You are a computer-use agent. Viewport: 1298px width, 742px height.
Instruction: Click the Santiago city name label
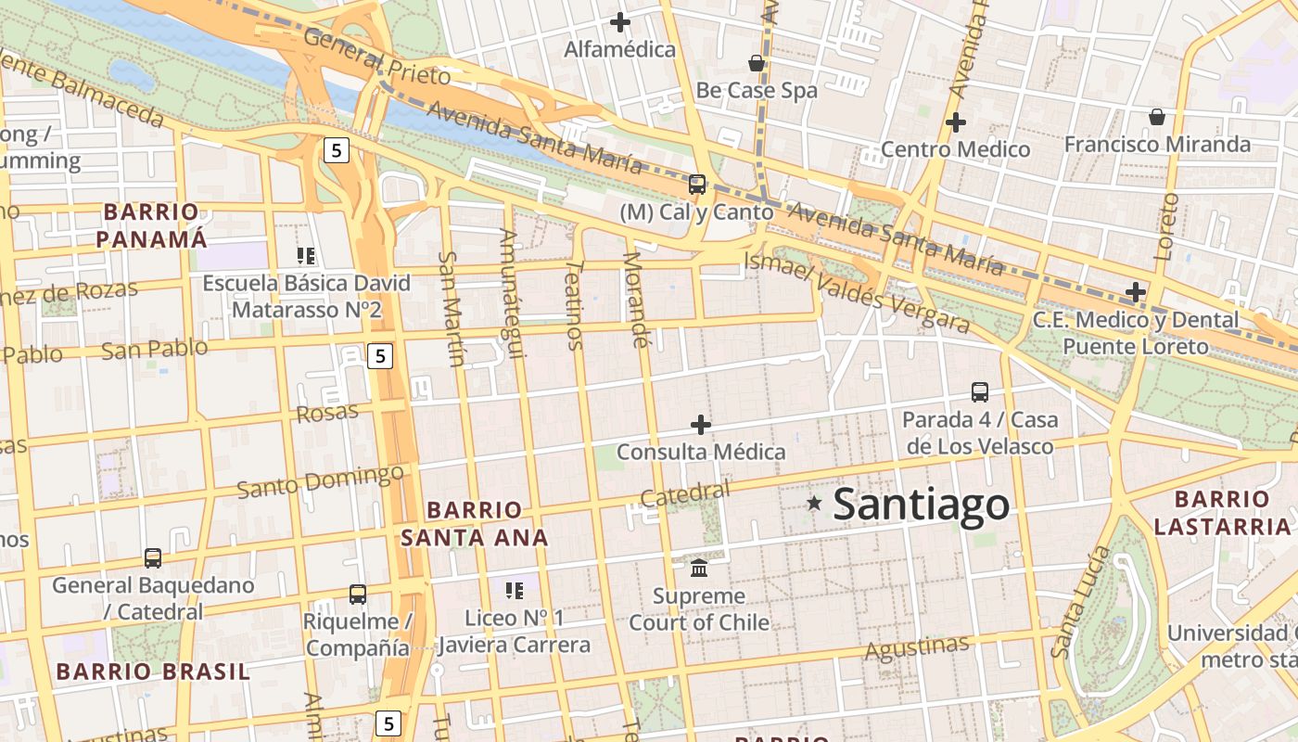point(921,505)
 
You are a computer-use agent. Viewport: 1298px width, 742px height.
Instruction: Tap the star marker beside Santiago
point(814,503)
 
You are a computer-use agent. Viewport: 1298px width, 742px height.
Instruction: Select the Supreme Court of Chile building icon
point(699,567)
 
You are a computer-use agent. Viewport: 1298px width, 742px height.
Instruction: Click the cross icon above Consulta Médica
point(701,425)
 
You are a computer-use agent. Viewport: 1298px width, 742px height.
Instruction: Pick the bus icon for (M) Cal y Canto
point(697,184)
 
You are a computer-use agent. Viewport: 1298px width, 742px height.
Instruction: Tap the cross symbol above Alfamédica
point(620,22)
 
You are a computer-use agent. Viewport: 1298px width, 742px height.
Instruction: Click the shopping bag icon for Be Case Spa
point(757,63)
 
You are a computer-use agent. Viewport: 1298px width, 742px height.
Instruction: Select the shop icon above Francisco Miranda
point(1157,117)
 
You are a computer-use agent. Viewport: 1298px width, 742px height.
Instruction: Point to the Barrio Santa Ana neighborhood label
point(474,523)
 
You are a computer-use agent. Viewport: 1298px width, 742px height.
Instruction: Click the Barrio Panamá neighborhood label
point(151,225)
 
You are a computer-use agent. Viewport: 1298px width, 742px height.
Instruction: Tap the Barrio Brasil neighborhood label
point(153,672)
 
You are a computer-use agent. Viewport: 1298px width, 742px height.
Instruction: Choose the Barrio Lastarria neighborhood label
point(1221,513)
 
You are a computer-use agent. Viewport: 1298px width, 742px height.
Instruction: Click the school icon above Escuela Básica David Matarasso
point(306,255)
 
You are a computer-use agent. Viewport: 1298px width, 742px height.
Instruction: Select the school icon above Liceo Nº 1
point(515,590)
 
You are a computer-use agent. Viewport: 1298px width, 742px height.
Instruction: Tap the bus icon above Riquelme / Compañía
point(357,594)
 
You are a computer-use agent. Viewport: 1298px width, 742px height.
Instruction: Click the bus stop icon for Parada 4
point(980,391)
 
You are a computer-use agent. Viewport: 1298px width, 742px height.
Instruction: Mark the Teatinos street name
point(574,303)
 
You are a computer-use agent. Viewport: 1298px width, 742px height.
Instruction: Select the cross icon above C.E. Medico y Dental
point(1135,292)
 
